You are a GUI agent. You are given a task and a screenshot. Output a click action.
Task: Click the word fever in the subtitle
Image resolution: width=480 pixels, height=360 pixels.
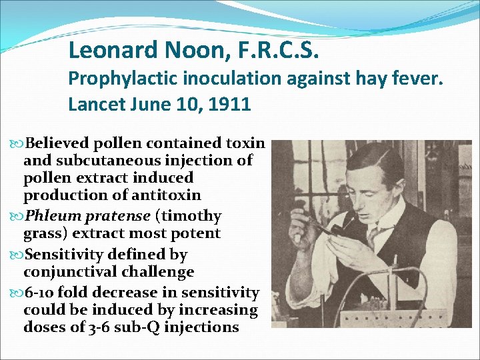(419, 80)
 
